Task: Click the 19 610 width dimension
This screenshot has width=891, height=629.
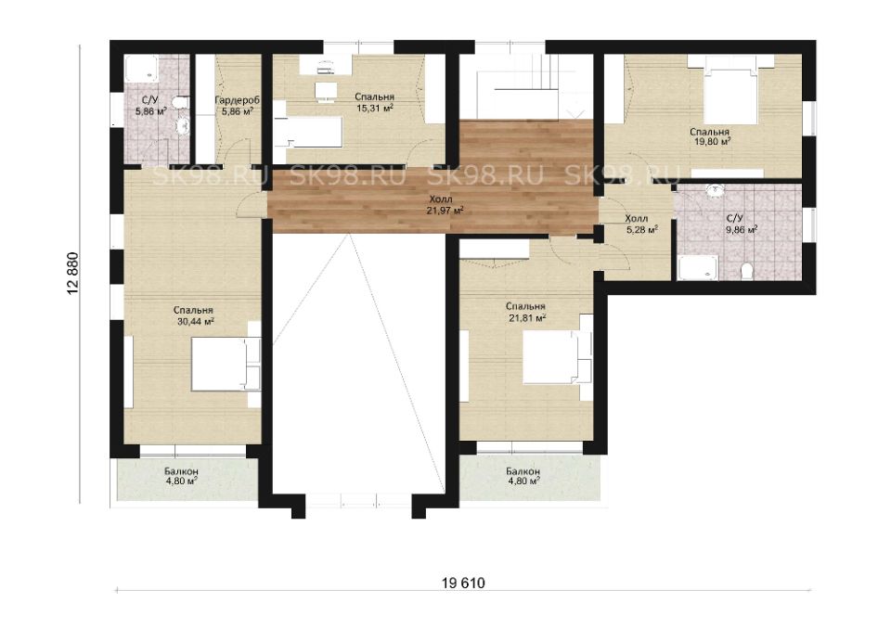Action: [463, 583]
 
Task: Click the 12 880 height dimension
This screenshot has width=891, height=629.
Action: [73, 273]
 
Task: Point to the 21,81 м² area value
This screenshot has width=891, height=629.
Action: [527, 317]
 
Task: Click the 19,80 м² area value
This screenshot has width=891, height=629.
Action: [713, 142]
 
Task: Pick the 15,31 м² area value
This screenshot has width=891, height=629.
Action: [374, 108]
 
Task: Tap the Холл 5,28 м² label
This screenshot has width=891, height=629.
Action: [641, 224]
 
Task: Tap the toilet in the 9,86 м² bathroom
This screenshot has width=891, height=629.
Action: [747, 272]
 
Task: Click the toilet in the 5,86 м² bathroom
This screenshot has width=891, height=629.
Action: [180, 103]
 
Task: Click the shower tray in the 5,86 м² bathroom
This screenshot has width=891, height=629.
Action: [142, 69]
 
